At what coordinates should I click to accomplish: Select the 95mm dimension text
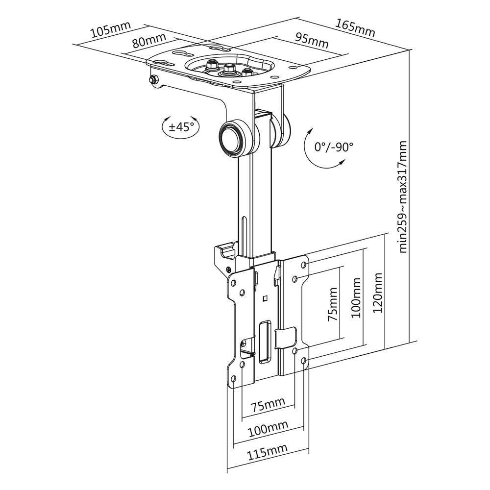tap(312, 41)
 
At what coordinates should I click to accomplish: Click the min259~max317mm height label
tap(403, 196)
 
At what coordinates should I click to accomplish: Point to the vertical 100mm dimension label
tap(356, 298)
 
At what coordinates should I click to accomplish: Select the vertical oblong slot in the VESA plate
tap(265, 341)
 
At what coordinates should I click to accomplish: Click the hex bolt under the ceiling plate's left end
tap(154, 80)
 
